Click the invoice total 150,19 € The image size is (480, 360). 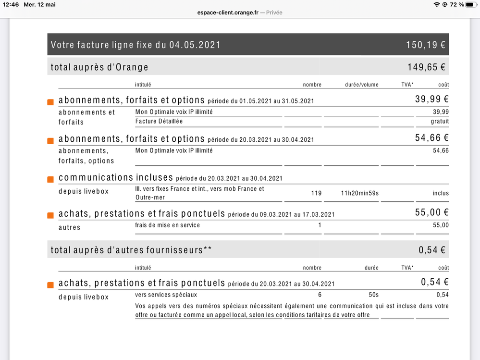(426, 45)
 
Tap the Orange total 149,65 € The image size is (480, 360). (426, 67)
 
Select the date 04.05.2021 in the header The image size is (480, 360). (195, 45)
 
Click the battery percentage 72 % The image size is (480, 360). (457, 5)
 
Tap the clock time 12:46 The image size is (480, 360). (10, 5)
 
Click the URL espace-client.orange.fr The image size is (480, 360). (227, 12)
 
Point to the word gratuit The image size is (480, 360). (440, 122)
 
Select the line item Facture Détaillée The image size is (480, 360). (159, 122)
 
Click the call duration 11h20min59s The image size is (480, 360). (359, 193)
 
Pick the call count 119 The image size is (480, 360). (316, 193)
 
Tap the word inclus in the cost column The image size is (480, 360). (440, 193)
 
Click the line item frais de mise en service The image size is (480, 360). (167, 225)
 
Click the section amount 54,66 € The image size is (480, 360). (431, 138)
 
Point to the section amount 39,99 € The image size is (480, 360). (431, 99)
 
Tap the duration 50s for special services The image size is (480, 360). (373, 295)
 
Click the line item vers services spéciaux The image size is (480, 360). (166, 295)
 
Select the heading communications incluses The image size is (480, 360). (115, 178)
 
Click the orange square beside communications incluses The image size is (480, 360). (50, 179)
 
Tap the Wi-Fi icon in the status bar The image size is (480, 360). (436, 5)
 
